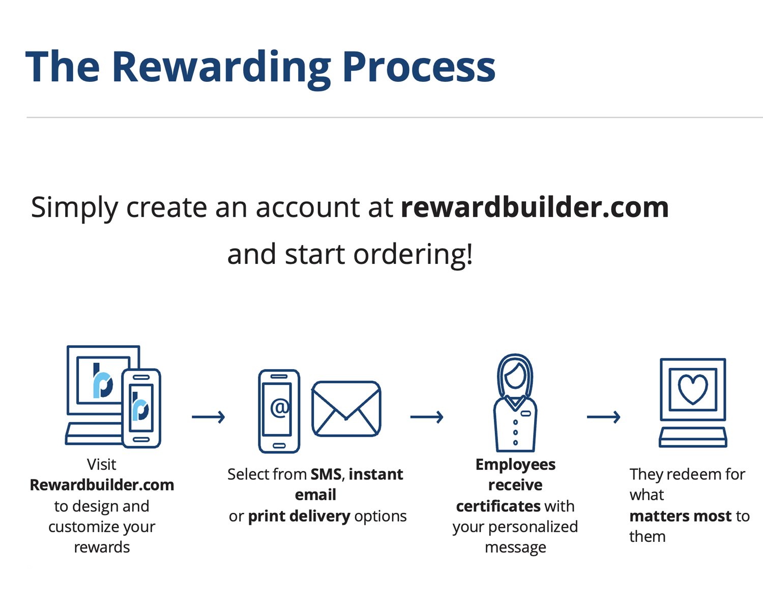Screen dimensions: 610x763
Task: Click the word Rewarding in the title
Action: point(221,67)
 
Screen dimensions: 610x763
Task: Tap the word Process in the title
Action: point(418,67)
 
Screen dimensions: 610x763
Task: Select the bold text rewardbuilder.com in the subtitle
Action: point(535,207)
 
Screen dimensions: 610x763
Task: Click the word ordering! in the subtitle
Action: point(413,254)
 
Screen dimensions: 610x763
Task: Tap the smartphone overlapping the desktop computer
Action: point(141,408)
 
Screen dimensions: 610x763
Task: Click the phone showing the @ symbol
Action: point(279,411)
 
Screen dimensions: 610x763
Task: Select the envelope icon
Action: point(346,409)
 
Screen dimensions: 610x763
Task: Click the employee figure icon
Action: point(515,403)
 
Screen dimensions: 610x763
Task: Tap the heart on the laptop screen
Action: point(693,389)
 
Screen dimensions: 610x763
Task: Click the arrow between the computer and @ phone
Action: point(209,417)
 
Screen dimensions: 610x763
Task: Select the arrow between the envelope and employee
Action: point(427,417)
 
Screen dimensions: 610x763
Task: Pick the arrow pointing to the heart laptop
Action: point(603,417)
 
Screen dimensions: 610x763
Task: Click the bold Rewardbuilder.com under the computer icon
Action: point(102,485)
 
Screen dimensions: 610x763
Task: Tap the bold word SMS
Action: point(326,474)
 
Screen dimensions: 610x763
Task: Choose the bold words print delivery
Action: point(299,516)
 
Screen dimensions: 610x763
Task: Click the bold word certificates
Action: point(498,506)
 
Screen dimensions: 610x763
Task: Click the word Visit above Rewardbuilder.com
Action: point(101,464)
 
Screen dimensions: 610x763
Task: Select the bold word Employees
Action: point(515,464)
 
